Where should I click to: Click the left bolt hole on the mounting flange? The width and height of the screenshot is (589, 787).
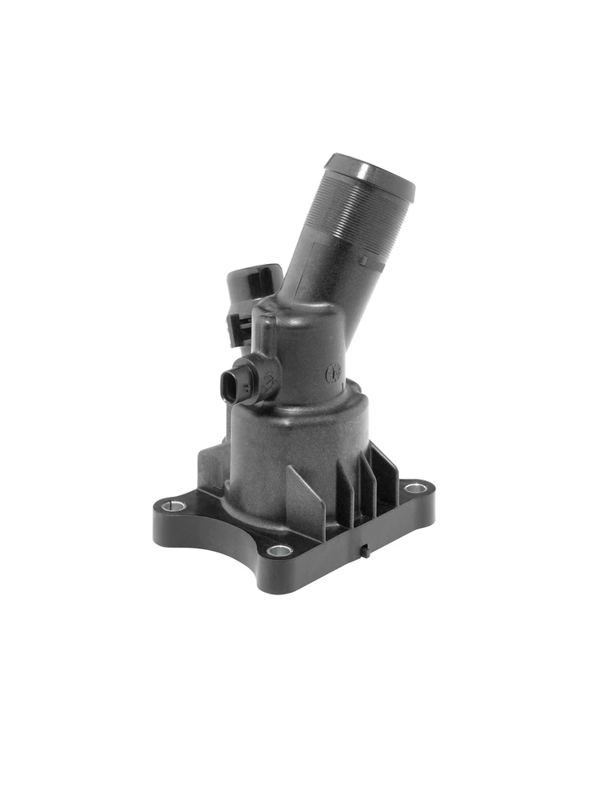(x=173, y=506)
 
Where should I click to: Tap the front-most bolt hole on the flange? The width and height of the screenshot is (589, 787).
(x=279, y=550)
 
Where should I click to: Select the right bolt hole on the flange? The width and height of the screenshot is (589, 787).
(x=415, y=488)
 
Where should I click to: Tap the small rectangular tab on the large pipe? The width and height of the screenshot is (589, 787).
(x=364, y=261)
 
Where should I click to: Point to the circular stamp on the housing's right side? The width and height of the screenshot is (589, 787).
(x=333, y=374)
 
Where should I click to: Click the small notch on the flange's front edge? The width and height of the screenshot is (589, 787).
(x=366, y=550)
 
